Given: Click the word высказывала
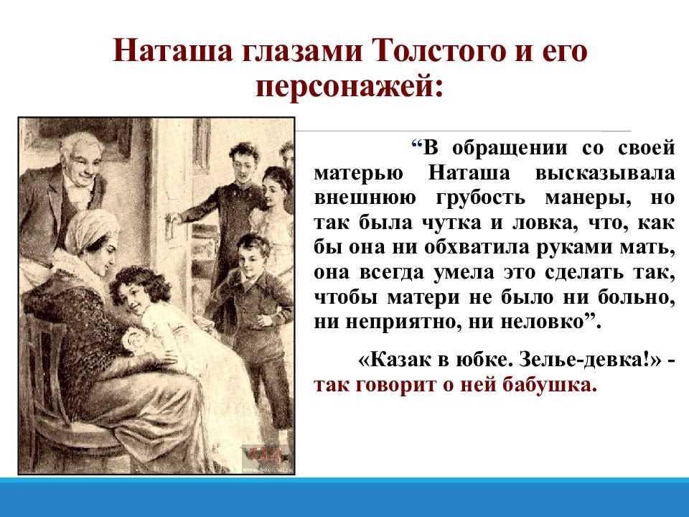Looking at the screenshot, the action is click(x=604, y=173).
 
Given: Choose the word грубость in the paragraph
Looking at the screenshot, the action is click(x=481, y=198).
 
